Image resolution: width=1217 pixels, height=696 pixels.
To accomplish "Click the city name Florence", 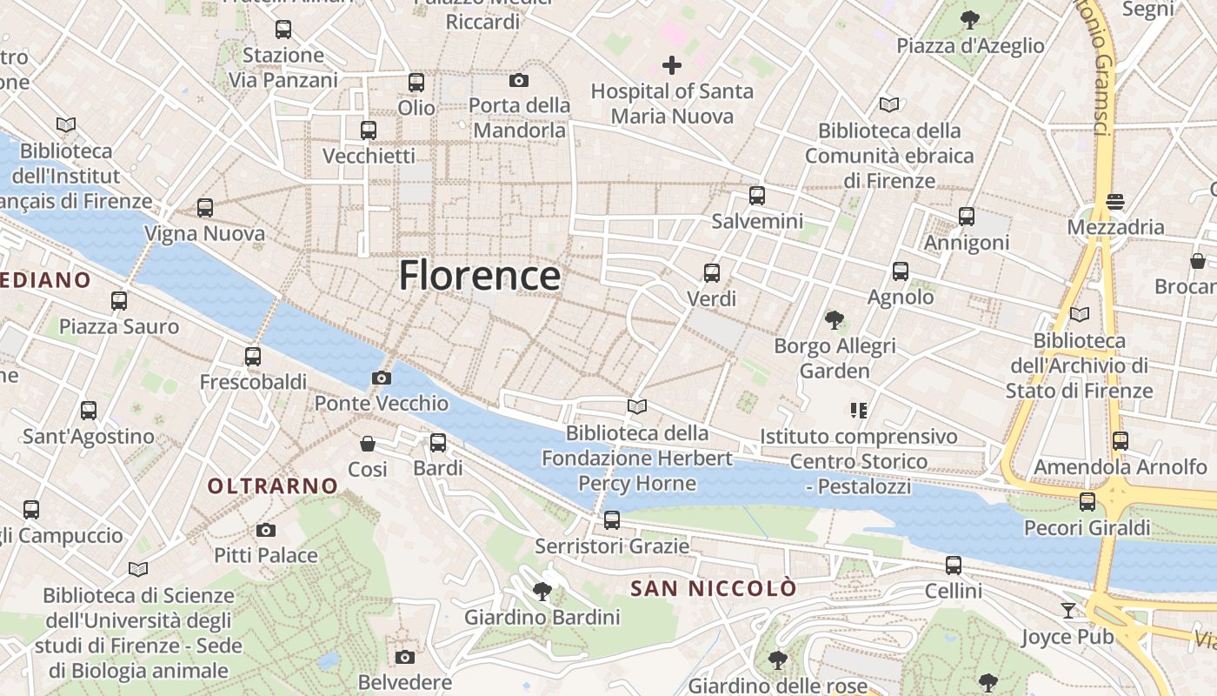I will point(479,276).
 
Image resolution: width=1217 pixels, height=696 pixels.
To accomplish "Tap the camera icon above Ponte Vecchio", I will point(381,378).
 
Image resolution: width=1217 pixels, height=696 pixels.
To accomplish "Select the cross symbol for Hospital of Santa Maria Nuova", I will point(671,65).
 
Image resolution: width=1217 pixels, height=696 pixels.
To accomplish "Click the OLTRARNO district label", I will point(272,486).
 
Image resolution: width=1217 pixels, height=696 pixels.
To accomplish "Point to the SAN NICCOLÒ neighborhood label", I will point(713,589).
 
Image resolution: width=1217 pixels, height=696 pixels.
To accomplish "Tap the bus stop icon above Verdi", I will point(712,273).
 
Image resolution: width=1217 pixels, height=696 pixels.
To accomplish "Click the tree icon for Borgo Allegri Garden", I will point(835,320).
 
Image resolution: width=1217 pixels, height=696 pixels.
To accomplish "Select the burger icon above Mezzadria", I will point(1116,202).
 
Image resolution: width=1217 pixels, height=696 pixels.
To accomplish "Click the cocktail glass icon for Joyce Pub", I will point(1068,611).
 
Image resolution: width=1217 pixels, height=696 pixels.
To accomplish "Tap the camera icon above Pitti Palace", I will point(266,530).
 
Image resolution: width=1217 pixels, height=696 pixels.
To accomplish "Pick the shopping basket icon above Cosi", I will point(368,444).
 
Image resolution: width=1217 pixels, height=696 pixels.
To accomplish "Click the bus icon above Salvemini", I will point(757,196).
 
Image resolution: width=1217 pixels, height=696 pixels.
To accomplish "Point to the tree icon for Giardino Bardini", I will point(542,592).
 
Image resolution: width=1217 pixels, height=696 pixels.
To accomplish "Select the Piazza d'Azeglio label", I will point(970,45).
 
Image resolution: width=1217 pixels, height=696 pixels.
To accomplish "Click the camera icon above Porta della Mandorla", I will point(519,81).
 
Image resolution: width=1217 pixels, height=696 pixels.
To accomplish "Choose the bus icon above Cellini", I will point(954,565).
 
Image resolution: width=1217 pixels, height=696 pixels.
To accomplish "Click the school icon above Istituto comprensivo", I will point(859,410).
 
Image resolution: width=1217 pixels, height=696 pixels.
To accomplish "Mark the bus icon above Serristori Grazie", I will point(612,520).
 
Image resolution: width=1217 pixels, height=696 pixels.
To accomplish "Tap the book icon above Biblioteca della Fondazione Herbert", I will point(637,406).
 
